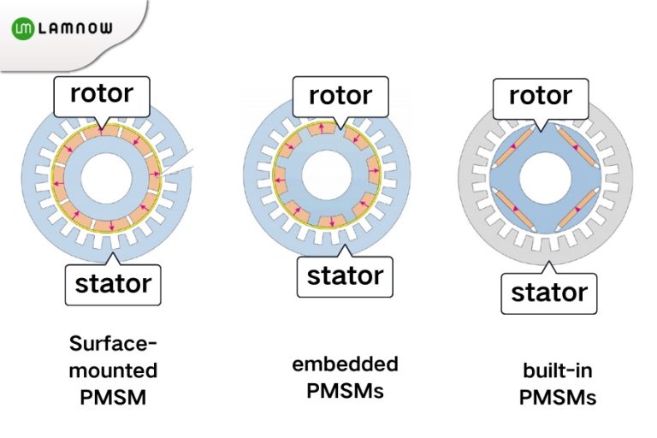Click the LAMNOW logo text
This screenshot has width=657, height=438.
coord(75,29)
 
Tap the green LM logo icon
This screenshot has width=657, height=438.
coord(24,29)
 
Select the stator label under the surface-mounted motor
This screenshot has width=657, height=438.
coord(113,283)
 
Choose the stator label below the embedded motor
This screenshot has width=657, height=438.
coord(344,275)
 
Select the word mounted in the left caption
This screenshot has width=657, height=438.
coord(113,371)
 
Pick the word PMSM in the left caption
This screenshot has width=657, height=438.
coord(113,398)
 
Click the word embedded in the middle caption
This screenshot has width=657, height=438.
coord(345,364)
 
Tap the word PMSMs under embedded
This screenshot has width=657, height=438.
coord(345,391)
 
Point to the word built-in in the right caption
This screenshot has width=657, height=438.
coord(557,371)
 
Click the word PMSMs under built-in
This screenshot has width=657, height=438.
coord(557,398)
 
